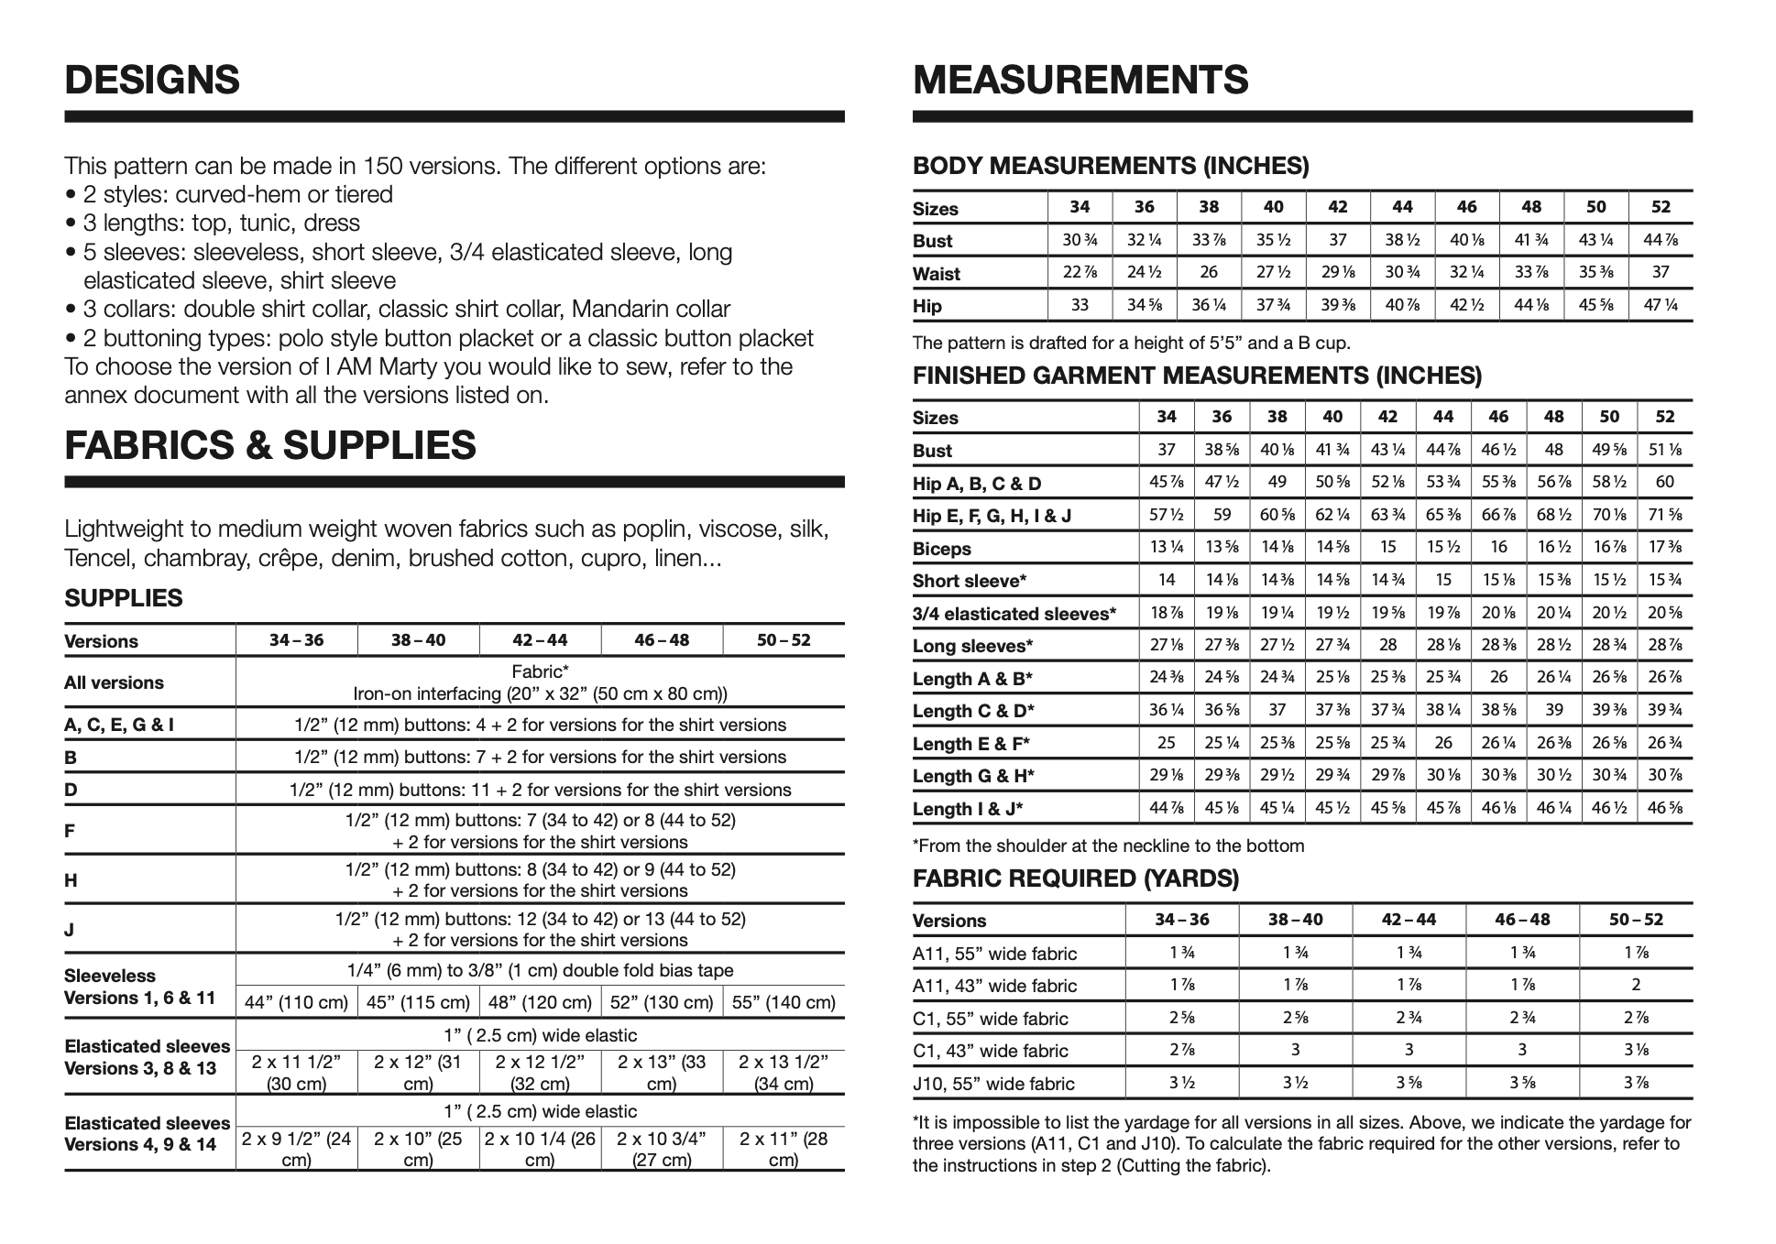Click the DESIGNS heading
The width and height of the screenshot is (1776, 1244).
152,80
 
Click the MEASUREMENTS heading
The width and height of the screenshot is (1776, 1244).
1080,80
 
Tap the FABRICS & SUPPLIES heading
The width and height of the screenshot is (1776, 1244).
270,445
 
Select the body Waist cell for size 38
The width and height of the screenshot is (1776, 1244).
1209,273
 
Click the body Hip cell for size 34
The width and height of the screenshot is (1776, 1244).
1080,305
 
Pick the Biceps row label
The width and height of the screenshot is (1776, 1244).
941,549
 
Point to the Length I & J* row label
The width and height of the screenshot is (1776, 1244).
968,809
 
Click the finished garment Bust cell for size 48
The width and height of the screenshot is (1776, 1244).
1553,450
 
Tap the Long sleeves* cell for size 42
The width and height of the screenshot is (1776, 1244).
1387,645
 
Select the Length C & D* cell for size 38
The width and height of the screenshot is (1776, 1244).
1277,710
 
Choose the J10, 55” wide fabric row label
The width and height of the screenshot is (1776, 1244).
993,1084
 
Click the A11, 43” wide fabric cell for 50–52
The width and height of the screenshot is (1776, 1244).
1635,986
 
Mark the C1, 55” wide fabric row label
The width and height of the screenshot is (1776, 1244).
991,1019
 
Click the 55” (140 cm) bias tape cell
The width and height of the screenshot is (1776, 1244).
784,1002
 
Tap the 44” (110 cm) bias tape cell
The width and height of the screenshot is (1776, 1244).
296,1002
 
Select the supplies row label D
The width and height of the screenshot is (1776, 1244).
71,790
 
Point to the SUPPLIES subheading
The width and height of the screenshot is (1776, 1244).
124,598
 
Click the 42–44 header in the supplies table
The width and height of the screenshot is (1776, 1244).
540,640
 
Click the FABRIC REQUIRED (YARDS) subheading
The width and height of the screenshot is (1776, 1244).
1076,879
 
